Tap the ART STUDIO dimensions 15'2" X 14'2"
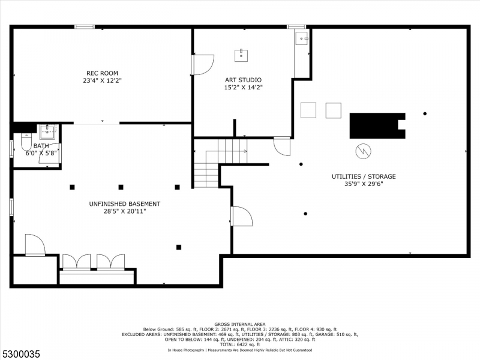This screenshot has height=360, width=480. pos(243,87)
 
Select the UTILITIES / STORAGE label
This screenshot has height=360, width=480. pos(364,176)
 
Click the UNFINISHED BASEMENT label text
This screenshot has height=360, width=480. pos(125,203)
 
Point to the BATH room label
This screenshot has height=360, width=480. pos(41,146)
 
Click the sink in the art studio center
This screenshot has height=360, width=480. pos(241,55)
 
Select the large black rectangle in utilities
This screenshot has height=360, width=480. pos(376,125)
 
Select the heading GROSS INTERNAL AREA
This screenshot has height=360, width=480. pos(239,324)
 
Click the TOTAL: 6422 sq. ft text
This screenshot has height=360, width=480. pos(239,344)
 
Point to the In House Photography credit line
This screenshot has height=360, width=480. pos(239,350)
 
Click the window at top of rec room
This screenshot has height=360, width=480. pos(85,26)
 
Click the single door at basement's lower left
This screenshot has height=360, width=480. pos(35,245)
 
